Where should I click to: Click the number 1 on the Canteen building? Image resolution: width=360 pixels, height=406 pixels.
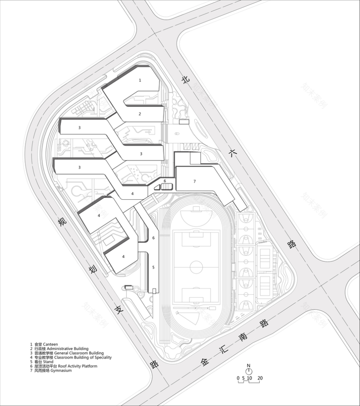[x=140, y=80]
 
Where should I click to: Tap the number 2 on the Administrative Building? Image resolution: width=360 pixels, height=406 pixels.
[x=140, y=114]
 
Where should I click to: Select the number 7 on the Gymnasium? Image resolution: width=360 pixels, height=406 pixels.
[x=195, y=181]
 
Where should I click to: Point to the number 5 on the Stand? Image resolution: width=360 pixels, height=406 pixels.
[x=153, y=267]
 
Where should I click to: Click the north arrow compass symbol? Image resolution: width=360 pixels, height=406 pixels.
[x=248, y=370]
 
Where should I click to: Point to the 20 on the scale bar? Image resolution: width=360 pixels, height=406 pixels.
[x=260, y=378]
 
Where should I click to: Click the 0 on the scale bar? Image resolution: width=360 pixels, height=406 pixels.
[x=238, y=378]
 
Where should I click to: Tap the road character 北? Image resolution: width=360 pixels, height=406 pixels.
[x=186, y=81]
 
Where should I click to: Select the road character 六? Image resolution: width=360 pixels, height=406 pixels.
[x=233, y=153]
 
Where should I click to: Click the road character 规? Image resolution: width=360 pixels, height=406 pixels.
[x=62, y=222]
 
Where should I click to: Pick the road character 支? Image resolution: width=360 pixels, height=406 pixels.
[x=119, y=309]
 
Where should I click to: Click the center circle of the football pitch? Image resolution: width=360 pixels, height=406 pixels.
[x=196, y=267]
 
